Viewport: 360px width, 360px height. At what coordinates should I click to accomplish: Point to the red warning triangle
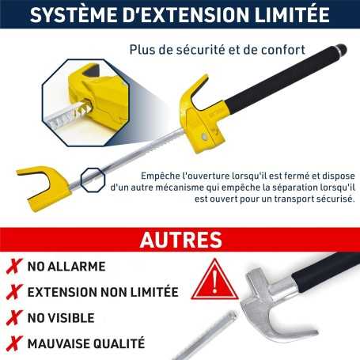click(x=214, y=280)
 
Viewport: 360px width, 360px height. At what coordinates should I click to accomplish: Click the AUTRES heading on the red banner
click(x=181, y=240)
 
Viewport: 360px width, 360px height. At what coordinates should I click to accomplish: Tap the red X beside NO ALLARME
click(x=14, y=267)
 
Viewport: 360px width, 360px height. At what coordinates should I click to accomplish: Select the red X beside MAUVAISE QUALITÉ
click(x=14, y=343)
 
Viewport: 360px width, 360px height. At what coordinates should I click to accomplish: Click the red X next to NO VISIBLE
click(x=14, y=318)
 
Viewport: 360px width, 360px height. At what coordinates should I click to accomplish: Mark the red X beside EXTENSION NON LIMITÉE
click(x=14, y=292)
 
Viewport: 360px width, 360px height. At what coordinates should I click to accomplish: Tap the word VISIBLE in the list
click(x=71, y=318)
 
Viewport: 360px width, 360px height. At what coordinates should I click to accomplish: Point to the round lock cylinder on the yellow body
click(x=204, y=136)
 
